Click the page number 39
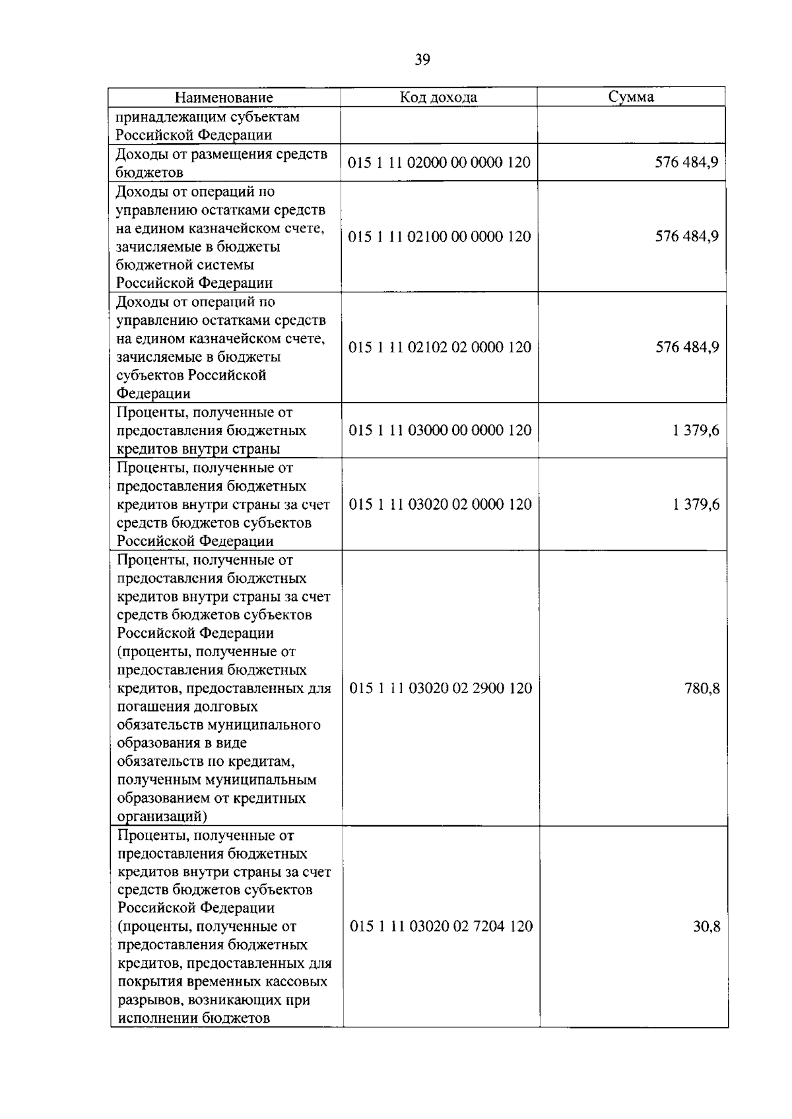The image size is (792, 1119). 422,60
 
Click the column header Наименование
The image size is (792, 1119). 224,98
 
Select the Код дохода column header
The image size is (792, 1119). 438,98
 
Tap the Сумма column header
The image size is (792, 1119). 631,97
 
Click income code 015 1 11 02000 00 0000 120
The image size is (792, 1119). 440,162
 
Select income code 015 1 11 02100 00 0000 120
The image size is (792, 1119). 440,236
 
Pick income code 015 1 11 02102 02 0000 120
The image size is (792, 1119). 440,347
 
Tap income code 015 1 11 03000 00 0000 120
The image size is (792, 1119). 440,430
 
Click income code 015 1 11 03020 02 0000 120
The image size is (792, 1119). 440,504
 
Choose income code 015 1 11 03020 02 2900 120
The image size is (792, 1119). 440,689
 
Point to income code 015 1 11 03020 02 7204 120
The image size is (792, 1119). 441,926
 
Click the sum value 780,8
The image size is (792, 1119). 702,689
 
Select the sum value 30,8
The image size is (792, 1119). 706,926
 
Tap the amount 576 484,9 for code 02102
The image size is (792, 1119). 687,347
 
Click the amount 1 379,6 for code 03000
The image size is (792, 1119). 696,430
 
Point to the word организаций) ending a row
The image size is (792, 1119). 162,817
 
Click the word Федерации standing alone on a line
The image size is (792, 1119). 154,393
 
